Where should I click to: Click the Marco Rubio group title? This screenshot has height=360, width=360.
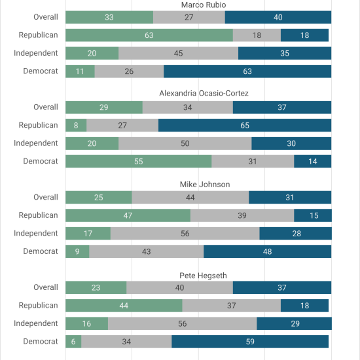204,5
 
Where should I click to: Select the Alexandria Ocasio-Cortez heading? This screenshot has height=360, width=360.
204,93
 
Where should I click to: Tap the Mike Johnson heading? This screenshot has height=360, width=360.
205,185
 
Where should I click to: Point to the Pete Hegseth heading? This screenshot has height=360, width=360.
203,276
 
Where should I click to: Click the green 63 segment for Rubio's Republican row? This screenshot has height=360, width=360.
149,35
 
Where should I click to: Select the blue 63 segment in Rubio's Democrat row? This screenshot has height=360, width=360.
247,71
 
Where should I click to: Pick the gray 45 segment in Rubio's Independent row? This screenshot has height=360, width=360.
179,53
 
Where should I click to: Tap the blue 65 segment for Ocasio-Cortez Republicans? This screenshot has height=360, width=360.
245,126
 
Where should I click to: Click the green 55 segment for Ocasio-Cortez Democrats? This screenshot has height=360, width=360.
139,162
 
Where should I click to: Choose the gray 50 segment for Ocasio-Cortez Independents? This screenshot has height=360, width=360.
185,143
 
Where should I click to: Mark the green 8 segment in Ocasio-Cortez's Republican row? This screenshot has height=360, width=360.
76,126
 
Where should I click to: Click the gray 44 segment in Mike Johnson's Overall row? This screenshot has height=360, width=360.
190,198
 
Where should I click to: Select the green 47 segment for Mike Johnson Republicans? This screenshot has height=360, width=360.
128,215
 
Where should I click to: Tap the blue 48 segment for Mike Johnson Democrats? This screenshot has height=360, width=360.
268,251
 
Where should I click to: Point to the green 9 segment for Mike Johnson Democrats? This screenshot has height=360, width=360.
77,251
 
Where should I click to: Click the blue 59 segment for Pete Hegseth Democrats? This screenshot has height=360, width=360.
250,342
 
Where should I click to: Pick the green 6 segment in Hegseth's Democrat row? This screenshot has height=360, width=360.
73,342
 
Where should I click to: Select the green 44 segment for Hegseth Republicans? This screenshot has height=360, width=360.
124,306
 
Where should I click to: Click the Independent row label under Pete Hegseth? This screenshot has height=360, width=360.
36,323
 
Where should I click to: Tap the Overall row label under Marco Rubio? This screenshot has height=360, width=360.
46,17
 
